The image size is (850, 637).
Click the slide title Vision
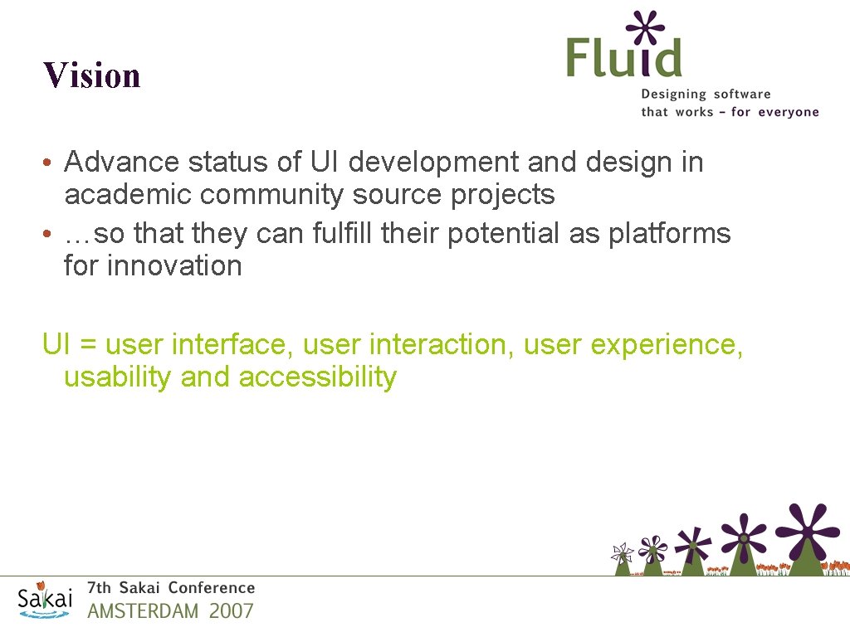(92, 75)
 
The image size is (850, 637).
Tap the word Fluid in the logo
(624, 59)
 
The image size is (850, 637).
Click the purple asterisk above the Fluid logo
(646, 27)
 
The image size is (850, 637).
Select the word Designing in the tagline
(673, 95)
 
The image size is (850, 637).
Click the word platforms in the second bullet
(669, 234)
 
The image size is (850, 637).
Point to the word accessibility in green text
(317, 377)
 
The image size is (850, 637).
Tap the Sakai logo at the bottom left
(46, 599)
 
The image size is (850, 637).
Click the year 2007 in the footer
(231, 612)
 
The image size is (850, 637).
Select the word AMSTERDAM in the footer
(143, 612)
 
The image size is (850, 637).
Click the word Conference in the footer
(211, 588)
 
